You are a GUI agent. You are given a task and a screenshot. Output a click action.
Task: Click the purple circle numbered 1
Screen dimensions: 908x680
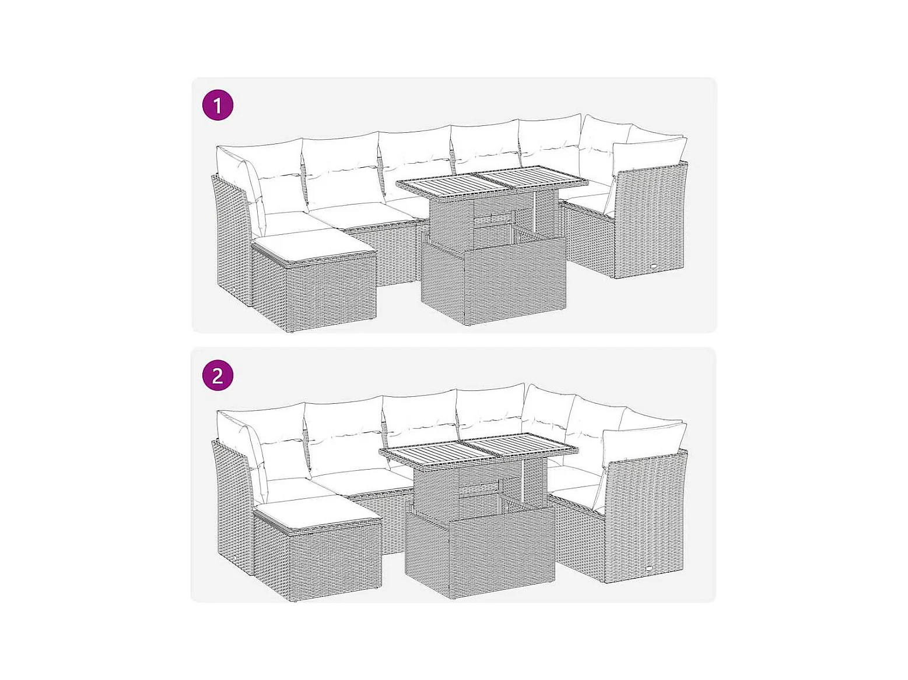click(x=218, y=105)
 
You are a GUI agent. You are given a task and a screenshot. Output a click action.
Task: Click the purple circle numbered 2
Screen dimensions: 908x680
click(x=218, y=375)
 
